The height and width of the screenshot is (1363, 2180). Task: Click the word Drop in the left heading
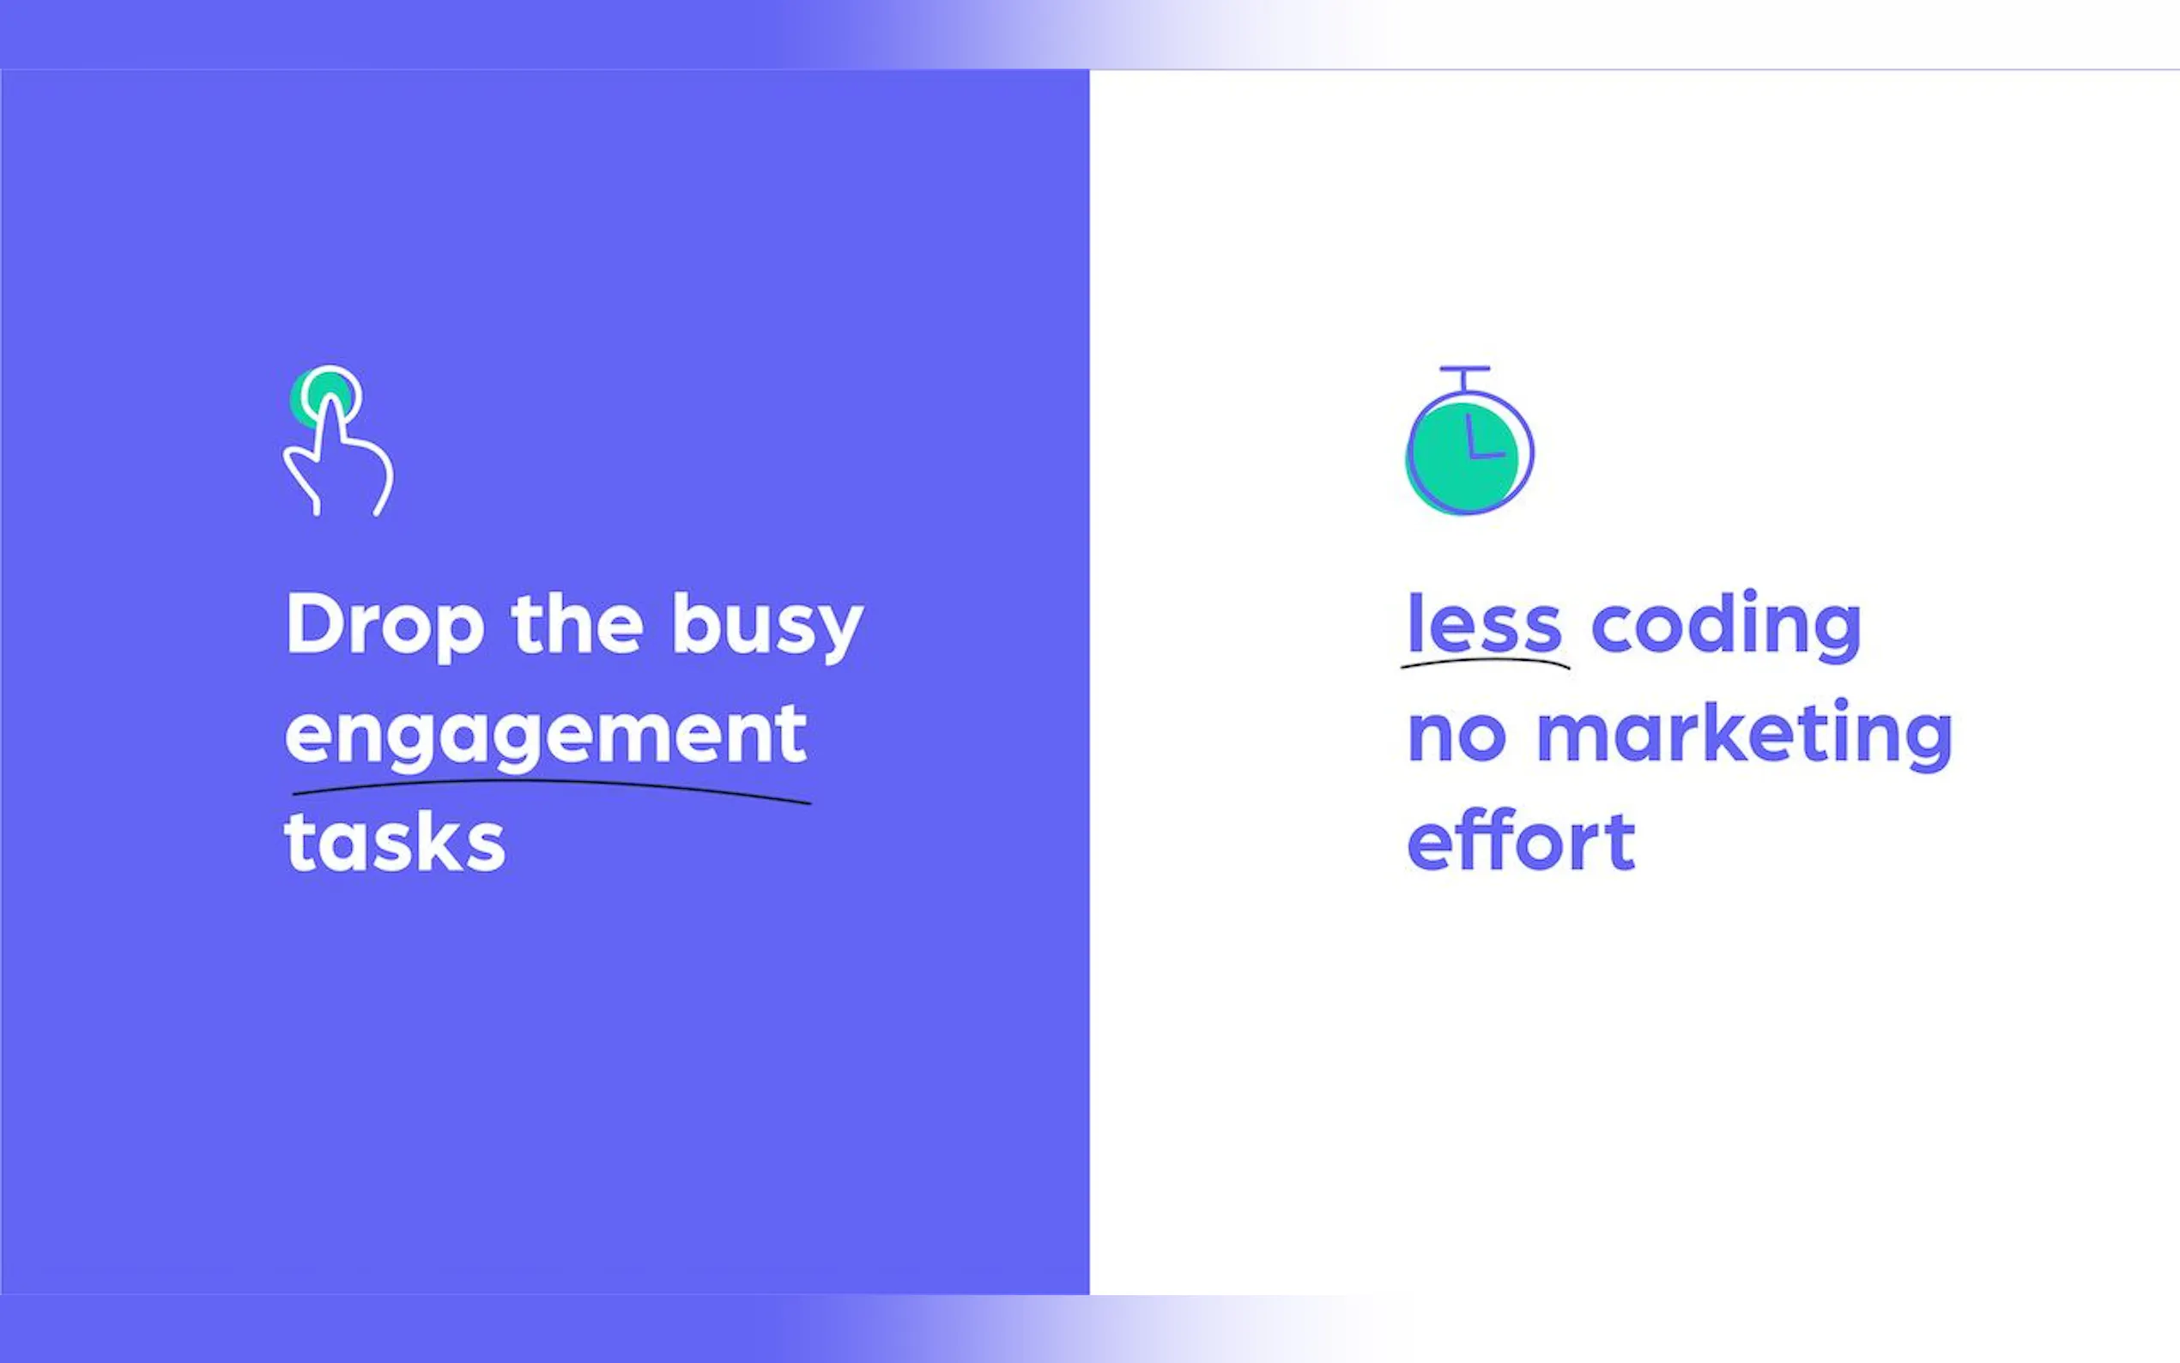click(385, 627)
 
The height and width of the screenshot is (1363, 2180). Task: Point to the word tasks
click(395, 842)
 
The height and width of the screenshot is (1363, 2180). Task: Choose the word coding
click(1727, 626)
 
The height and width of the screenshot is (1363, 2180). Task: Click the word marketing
click(1745, 736)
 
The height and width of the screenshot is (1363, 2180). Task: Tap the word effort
click(1521, 840)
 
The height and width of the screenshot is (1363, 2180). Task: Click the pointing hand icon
click(338, 442)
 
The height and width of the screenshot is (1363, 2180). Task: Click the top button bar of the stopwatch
click(1464, 369)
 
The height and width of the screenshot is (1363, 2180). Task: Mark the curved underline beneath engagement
click(552, 786)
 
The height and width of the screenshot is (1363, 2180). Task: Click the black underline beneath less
click(1485, 663)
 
